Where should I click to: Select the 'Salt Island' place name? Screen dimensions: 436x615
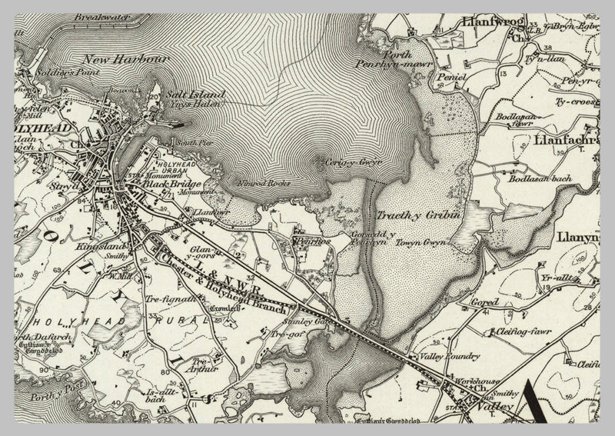coord(196,95)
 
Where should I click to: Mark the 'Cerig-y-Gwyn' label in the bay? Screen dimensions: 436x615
coord(353,162)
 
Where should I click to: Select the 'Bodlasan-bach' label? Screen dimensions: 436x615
coord(535,178)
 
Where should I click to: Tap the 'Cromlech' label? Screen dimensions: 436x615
coord(222,308)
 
